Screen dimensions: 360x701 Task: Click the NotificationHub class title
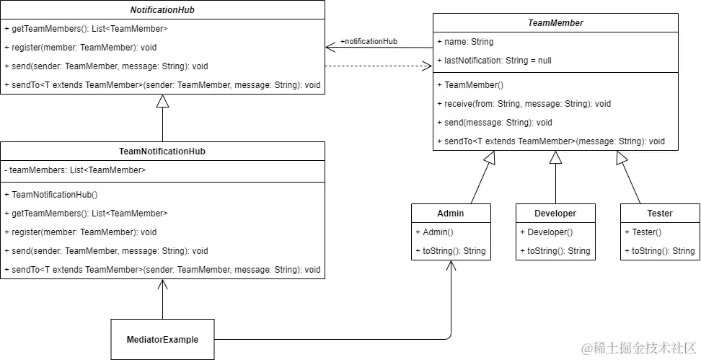(162, 10)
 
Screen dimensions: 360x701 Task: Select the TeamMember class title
(555, 23)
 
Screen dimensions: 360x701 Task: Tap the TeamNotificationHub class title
(162, 152)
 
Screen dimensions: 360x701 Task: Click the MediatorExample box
(162, 339)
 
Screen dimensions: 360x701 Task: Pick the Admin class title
(451, 213)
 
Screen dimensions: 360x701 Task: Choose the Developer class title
(555, 213)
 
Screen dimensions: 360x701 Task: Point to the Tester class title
(660, 213)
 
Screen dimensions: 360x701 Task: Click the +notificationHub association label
(369, 41)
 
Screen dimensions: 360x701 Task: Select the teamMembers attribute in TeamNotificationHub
(76, 170)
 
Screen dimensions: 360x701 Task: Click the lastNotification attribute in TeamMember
(494, 61)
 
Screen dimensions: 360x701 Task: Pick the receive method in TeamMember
(527, 104)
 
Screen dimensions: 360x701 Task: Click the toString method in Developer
(555, 251)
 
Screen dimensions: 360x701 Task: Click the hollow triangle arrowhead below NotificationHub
(162, 102)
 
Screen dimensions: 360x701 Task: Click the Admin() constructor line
(434, 232)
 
